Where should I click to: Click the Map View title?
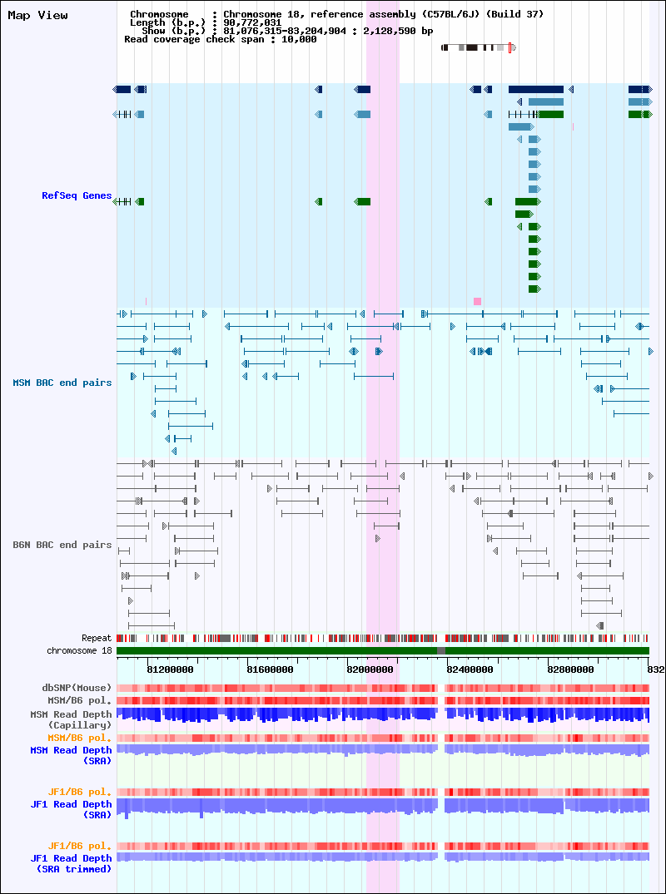point(37,16)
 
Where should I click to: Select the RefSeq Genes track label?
point(77,195)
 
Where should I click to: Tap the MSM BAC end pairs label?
point(62,383)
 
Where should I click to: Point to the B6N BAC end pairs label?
point(62,545)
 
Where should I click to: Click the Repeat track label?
point(97,639)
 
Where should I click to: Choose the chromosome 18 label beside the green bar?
point(79,650)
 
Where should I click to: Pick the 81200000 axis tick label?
point(170,669)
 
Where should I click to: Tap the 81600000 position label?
point(271,669)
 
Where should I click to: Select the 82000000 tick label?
point(370,669)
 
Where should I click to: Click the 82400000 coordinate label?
point(470,669)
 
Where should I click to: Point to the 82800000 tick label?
point(571,669)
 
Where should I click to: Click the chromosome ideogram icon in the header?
point(479,48)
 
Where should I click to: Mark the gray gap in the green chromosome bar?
point(441,650)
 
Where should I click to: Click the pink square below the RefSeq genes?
point(477,301)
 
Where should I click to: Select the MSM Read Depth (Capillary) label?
point(72,719)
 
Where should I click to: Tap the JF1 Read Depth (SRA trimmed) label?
point(72,864)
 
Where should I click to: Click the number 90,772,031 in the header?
point(252,22)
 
